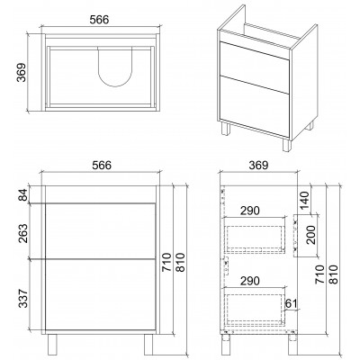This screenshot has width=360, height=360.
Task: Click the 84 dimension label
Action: (23, 194)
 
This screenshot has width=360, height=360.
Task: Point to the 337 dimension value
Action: (23, 298)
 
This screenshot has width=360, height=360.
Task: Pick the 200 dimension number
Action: (310, 235)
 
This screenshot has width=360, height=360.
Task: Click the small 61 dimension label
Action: (291, 303)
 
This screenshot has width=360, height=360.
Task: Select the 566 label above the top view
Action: (99, 20)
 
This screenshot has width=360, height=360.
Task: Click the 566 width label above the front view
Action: (102, 166)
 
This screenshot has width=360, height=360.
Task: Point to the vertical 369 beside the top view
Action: (21, 72)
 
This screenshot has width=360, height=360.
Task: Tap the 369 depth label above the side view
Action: (258, 166)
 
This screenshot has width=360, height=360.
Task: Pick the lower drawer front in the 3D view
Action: (255, 105)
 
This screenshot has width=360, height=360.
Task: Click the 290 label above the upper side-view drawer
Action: (250, 211)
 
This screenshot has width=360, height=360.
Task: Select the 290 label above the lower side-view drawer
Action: (250, 281)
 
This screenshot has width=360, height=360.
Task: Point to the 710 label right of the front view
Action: (166, 262)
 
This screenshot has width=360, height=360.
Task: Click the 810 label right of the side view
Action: (334, 274)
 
